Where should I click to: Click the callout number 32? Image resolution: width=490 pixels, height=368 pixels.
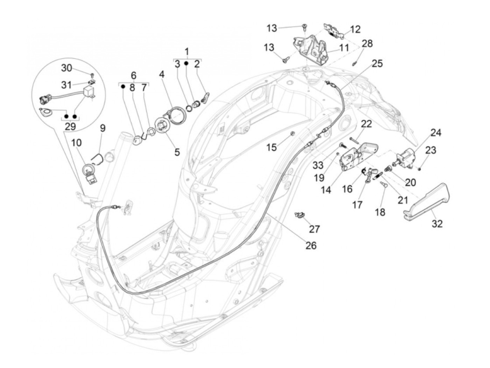click(437, 223)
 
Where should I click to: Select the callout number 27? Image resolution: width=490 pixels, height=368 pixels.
click(314, 229)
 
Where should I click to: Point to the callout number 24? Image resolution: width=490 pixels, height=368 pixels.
click(436, 133)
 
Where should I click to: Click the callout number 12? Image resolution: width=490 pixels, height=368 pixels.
click(355, 29)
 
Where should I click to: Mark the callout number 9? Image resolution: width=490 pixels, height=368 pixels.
click(103, 128)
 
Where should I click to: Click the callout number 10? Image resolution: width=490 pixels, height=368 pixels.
click(77, 143)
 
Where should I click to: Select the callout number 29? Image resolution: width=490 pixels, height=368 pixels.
click(70, 126)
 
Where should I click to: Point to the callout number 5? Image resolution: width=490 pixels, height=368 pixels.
click(177, 152)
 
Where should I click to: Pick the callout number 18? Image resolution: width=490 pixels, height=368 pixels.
click(380, 212)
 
